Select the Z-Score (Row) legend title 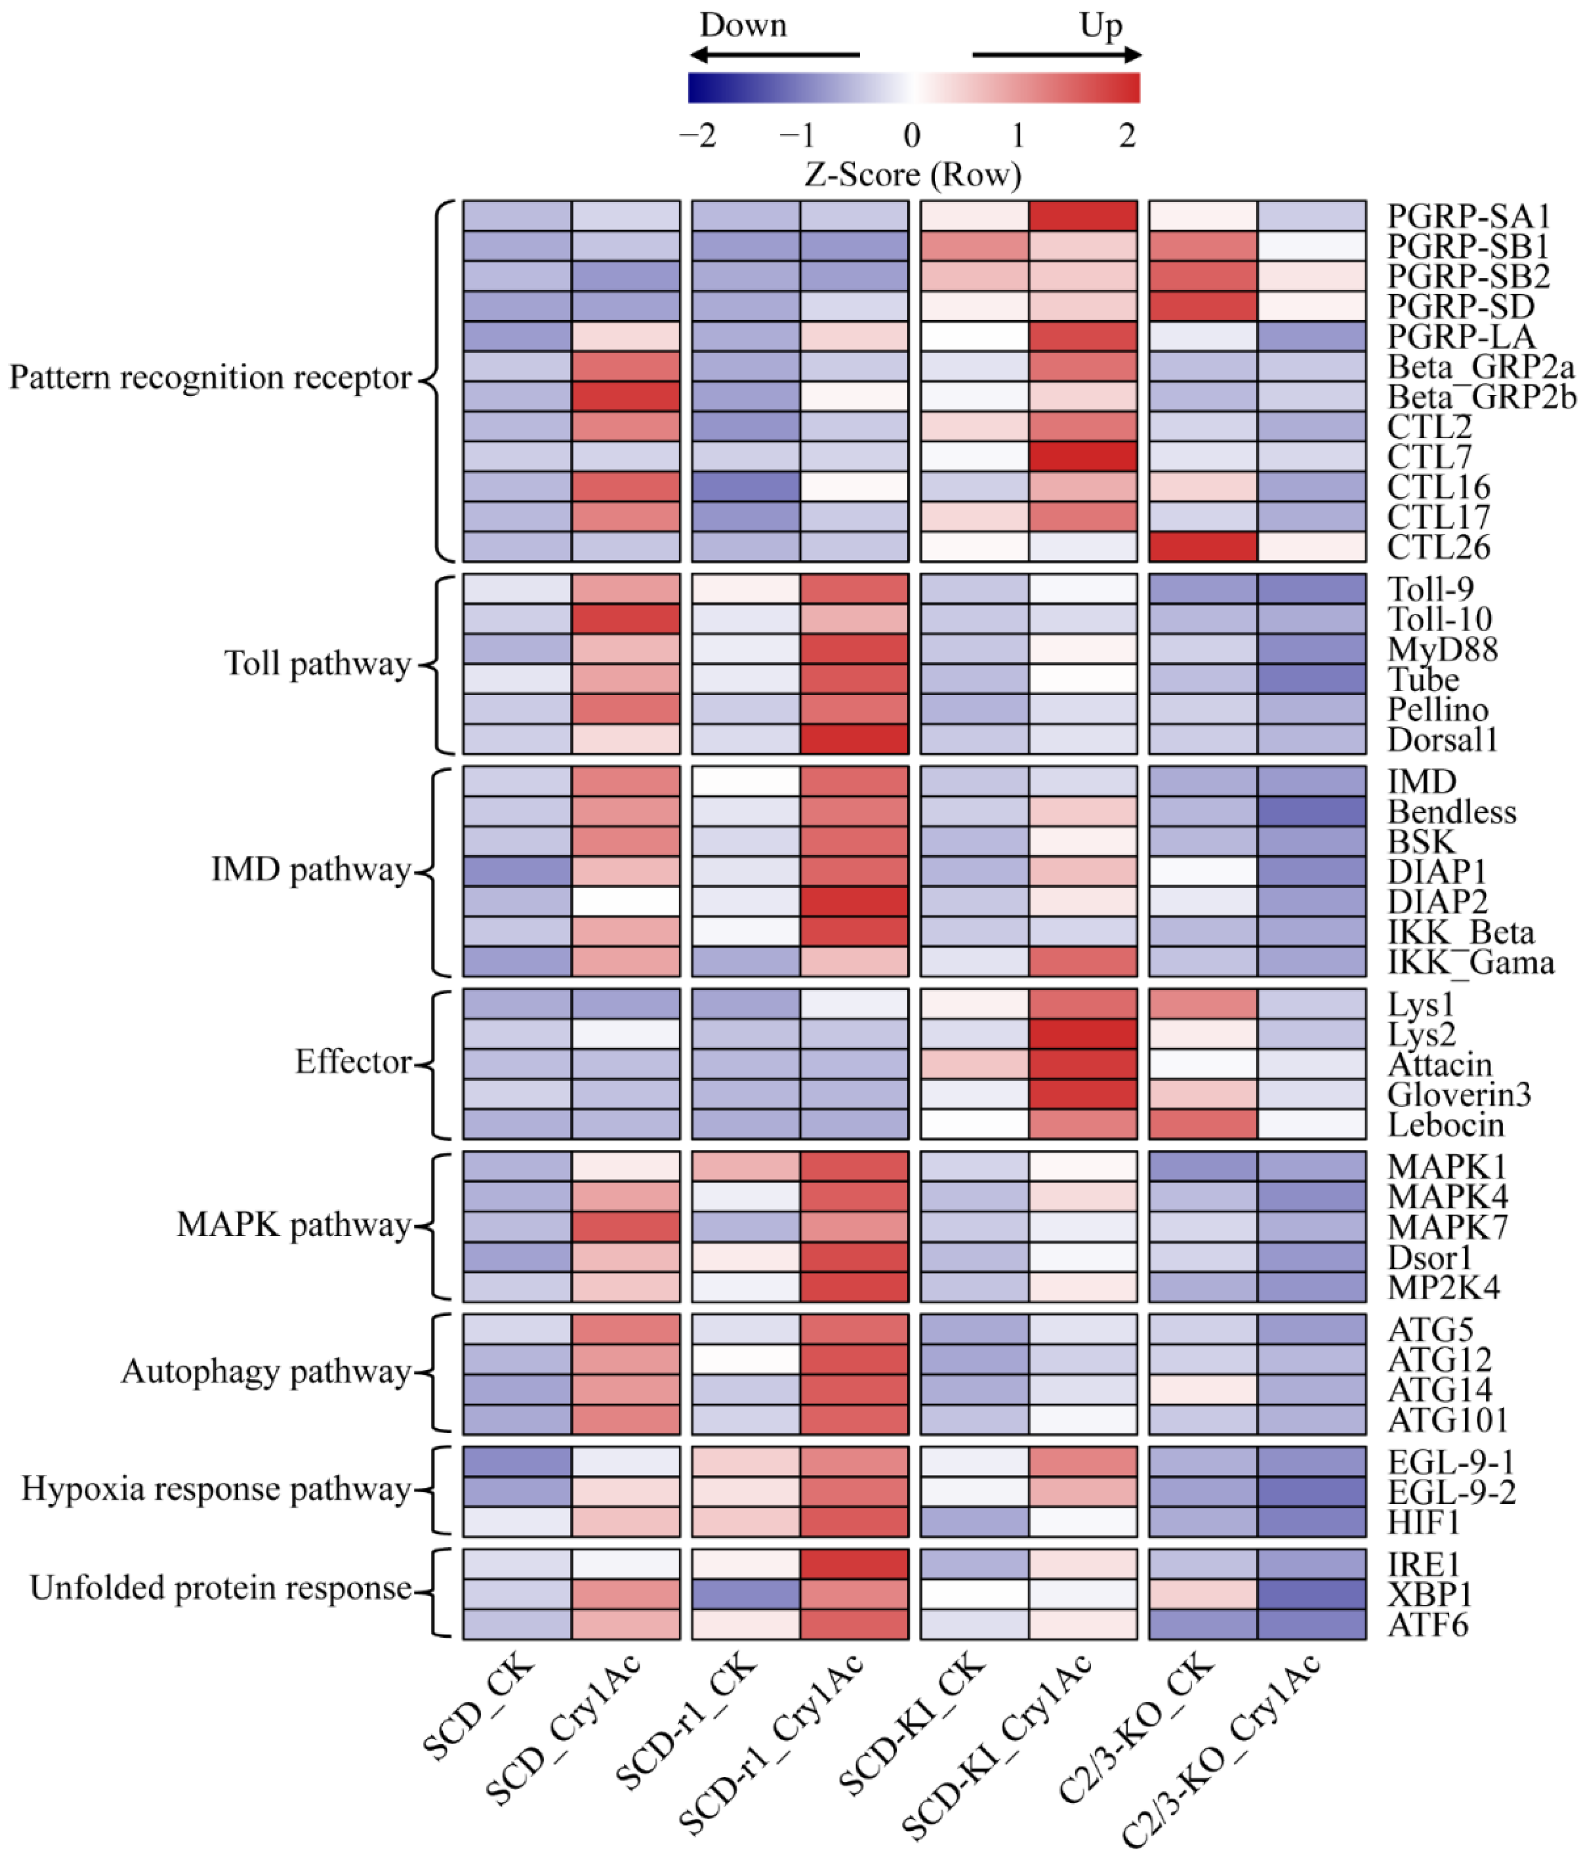click(x=912, y=174)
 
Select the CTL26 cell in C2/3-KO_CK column click(x=1202, y=546)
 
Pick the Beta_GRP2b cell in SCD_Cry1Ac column click(x=625, y=396)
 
